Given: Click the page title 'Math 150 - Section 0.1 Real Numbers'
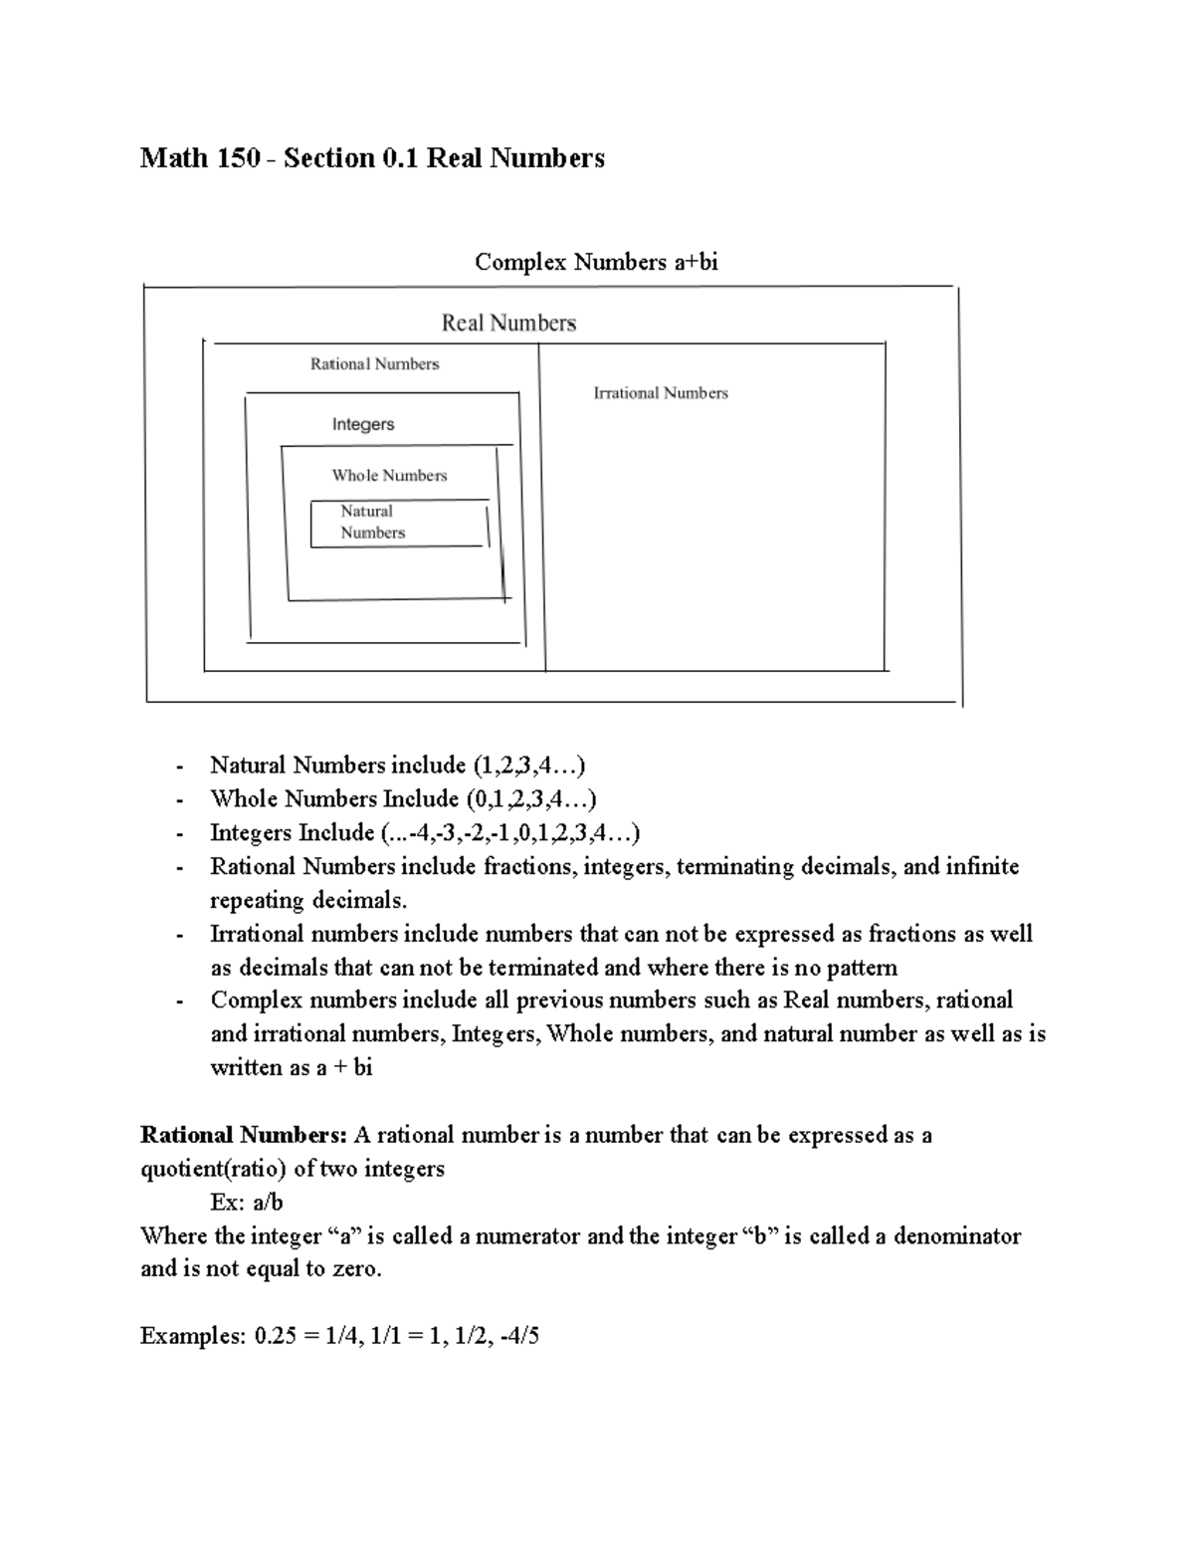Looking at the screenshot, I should tap(372, 158).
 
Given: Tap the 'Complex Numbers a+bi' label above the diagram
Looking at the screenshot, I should tap(596, 262).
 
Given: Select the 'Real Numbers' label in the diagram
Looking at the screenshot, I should tap(508, 323).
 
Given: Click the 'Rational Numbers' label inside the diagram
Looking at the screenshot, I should tap(374, 364).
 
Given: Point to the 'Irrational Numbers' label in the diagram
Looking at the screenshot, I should tap(661, 393).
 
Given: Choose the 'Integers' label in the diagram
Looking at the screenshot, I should tap(363, 424).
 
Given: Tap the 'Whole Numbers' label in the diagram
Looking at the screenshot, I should tap(389, 476).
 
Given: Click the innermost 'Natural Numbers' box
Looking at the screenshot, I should tap(398, 523).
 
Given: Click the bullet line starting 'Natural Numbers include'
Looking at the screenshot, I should tap(397, 766).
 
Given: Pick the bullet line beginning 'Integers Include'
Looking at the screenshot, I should tap(425, 833).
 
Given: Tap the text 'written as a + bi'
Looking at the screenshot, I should tap(291, 1068).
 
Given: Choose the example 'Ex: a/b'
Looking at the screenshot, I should tap(247, 1203).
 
